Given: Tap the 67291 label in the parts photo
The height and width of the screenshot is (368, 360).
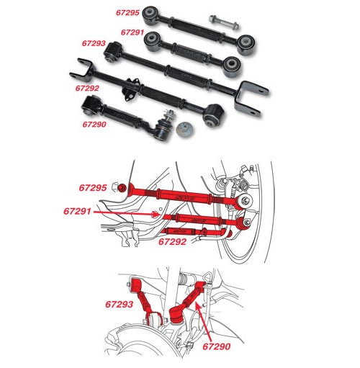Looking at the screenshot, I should [133, 32].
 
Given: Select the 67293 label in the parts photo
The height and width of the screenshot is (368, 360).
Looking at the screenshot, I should [94, 43].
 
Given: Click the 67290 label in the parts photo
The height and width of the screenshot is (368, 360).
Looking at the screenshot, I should [94, 124].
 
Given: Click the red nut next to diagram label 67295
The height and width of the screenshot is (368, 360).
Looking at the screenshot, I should [123, 189].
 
